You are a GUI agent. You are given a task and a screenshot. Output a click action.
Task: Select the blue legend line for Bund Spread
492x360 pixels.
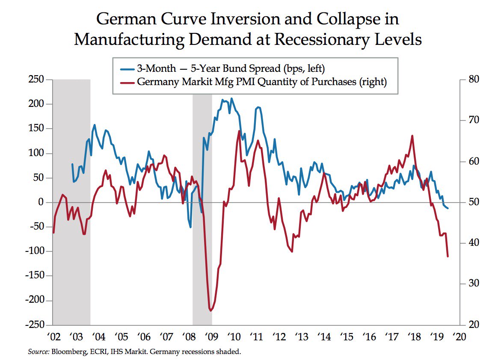click(127, 68)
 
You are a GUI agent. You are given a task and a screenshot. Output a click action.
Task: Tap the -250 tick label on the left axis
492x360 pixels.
click(36, 325)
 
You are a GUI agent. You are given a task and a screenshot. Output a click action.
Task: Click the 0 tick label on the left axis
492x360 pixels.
click(41, 202)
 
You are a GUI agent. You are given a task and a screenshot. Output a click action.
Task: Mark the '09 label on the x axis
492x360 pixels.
click(211, 336)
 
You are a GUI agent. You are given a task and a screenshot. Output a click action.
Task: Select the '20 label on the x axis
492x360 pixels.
click(459, 336)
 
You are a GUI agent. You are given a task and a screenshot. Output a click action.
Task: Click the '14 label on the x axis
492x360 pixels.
click(324, 336)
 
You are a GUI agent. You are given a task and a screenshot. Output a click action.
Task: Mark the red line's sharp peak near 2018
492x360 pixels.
click(412, 136)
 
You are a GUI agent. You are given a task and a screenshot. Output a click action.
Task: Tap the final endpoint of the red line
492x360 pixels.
click(448, 257)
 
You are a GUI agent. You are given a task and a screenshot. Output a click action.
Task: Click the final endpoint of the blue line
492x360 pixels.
click(448, 208)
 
